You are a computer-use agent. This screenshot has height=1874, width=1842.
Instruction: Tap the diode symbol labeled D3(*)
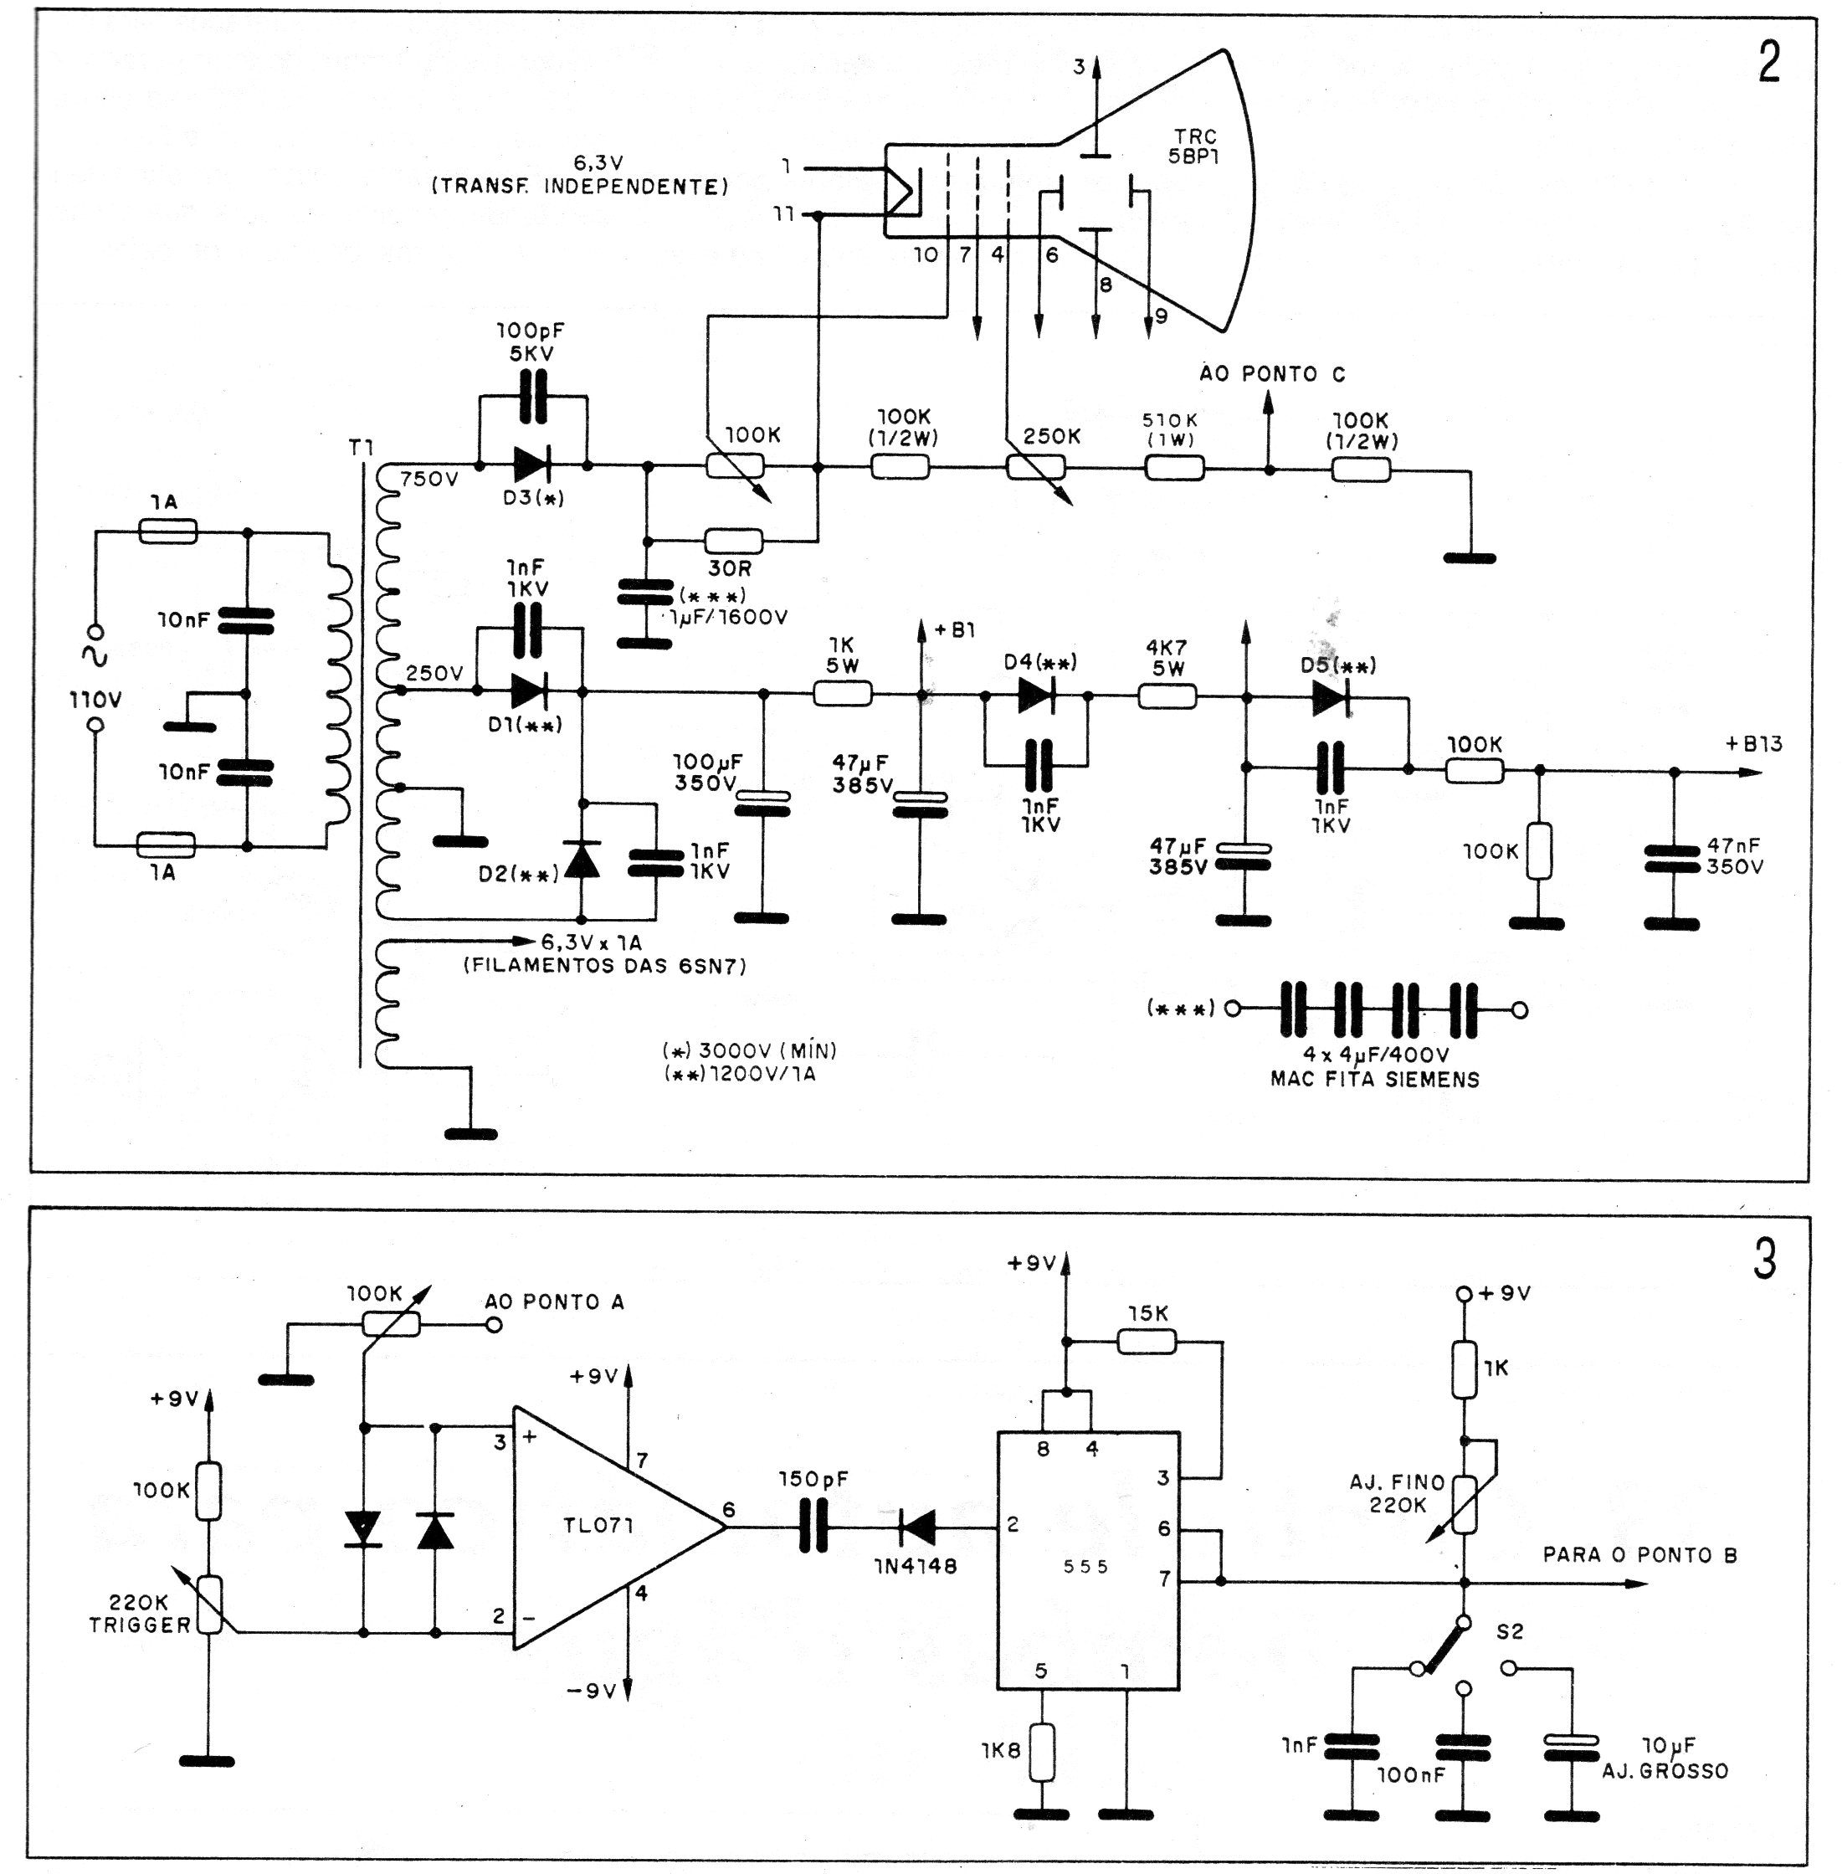[x=532, y=465]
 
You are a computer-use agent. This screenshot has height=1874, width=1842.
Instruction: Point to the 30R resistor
[x=733, y=540]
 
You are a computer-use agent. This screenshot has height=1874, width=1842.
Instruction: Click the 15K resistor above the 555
[x=1147, y=1341]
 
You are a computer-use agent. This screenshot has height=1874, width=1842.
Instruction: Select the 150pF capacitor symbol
[x=813, y=1527]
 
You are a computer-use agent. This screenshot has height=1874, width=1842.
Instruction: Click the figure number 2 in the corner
[x=1768, y=63]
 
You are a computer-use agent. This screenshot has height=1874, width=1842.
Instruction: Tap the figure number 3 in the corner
[x=1765, y=1260]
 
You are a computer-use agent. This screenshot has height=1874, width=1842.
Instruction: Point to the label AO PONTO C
[x=1272, y=374]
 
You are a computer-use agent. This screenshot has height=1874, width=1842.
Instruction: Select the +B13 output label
[x=1753, y=744]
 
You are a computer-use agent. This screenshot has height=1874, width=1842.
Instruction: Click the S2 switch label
[x=1509, y=1632]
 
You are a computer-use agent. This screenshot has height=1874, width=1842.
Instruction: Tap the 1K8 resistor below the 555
[x=1042, y=1752]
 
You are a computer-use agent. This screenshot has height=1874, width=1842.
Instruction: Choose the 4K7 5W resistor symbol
[x=1167, y=696]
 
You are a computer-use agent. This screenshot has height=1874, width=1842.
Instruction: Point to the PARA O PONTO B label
[x=1639, y=1555]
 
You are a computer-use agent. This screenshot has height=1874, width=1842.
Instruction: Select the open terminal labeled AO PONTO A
[x=494, y=1324]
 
